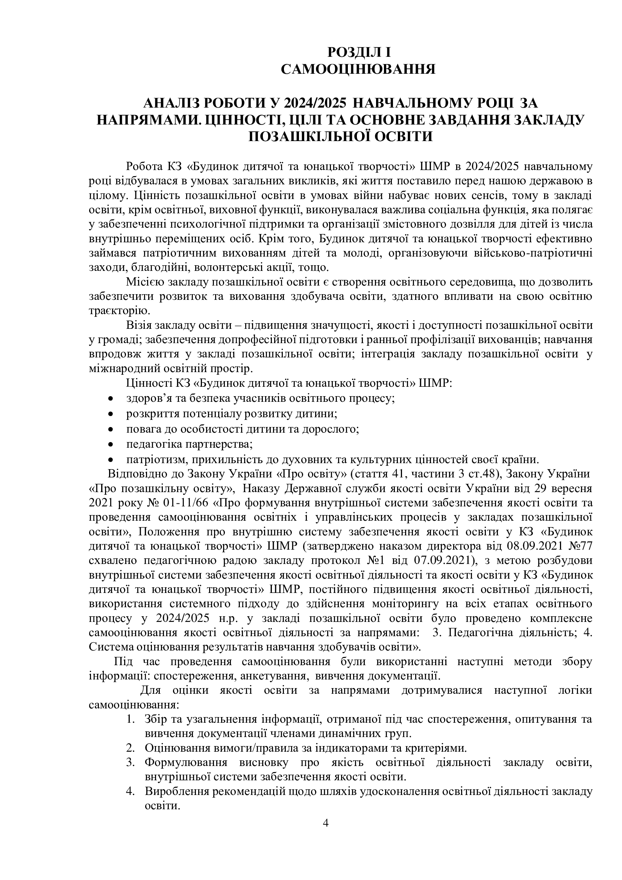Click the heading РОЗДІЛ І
coord(358,52)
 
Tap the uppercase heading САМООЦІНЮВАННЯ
coord(358,69)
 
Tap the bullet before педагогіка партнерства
coord(111,445)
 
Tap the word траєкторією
coord(117,311)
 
